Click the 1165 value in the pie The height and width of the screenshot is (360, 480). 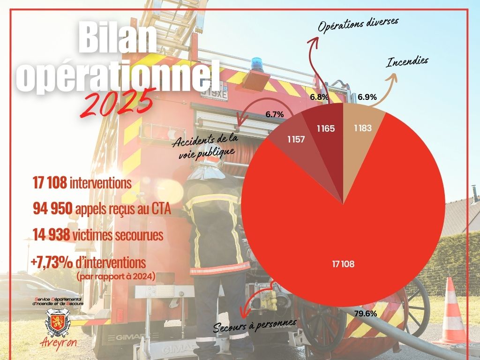pyautogui.click(x=325, y=127)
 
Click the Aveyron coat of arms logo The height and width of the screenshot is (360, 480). pyautogui.click(x=57, y=323)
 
